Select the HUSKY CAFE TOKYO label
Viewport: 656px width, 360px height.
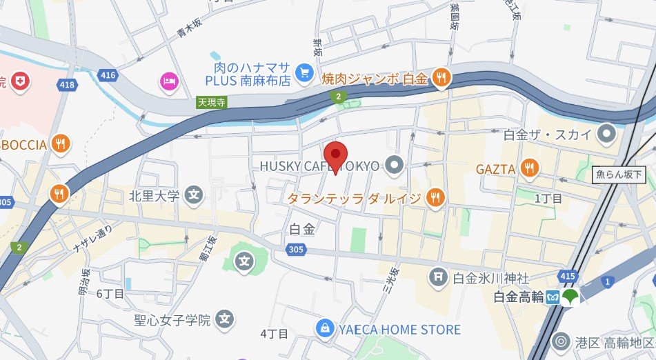(320, 166)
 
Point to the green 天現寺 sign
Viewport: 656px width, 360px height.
(212, 102)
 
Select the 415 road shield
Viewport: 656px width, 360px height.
(568, 277)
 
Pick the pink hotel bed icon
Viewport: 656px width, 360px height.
(168, 81)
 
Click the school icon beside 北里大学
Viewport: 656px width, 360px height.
(195, 196)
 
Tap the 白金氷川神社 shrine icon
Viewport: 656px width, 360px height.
(437, 278)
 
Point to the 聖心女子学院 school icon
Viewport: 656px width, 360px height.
(224, 319)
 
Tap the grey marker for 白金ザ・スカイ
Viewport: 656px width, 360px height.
(607, 132)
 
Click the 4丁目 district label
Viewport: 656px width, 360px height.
(274, 334)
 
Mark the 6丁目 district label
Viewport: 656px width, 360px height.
(110, 294)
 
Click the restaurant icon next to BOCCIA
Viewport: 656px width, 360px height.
(61, 144)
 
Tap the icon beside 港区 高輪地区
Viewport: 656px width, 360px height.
(562, 341)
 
